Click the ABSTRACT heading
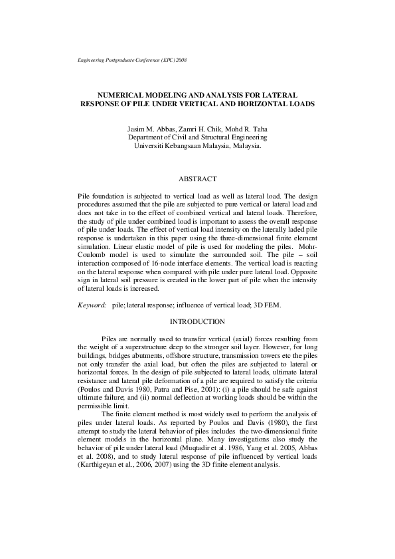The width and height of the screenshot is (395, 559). click(x=198, y=179)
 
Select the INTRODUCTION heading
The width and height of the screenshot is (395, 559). click(x=197, y=322)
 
